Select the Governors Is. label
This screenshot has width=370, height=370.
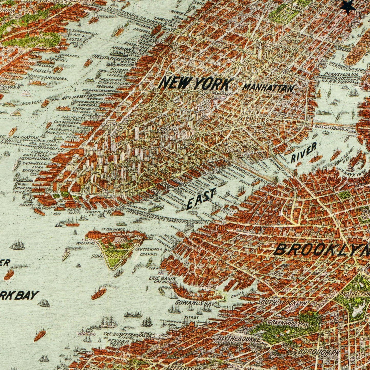107,256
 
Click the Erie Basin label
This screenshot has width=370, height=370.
163,278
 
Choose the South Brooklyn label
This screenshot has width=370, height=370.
282,302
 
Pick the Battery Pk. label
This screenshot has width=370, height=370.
34,205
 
